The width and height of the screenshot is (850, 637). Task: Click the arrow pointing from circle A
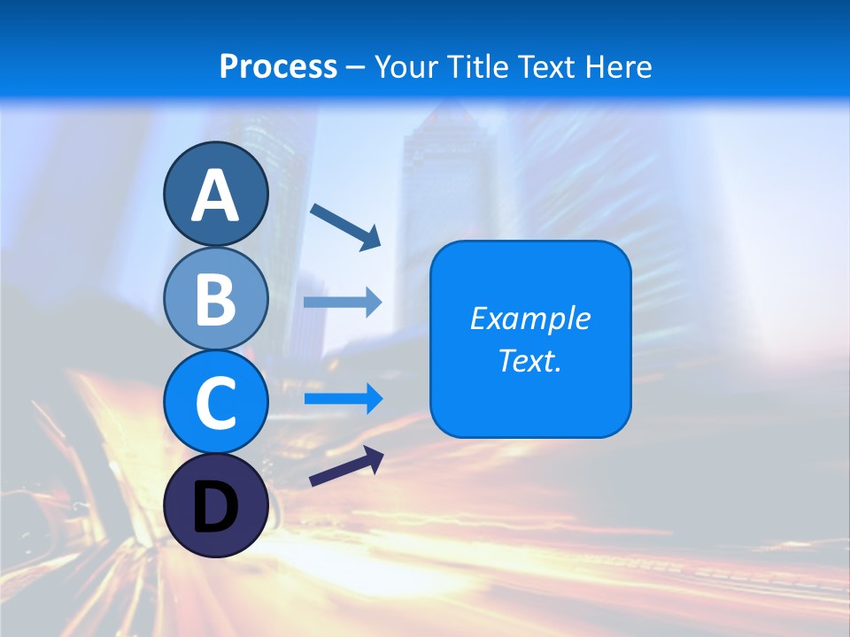pos(345,226)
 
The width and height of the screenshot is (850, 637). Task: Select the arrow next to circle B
pos(343,303)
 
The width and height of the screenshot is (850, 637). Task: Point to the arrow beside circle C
pos(343,399)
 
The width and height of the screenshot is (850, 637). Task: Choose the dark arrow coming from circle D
pos(346,466)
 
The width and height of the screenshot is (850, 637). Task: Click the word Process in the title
pos(278,66)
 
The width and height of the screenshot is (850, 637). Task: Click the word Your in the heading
pos(403,66)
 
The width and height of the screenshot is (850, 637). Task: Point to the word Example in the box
pos(529,318)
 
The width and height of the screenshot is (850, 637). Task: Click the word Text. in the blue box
pos(529,360)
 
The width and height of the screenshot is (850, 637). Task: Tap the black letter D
pos(215,508)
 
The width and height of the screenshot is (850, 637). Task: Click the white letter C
pos(215,403)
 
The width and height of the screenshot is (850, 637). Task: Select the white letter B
pos(215,299)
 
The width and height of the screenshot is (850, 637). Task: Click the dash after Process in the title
pos(355,67)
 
